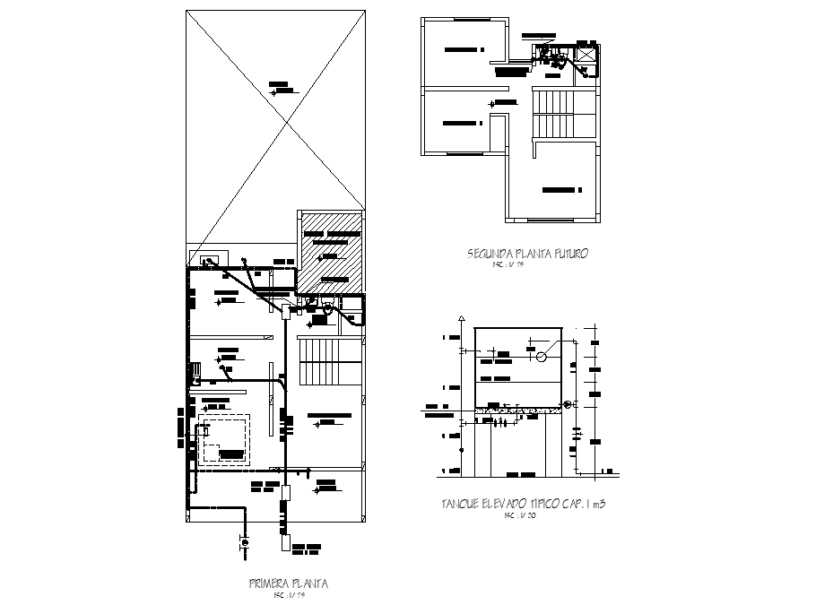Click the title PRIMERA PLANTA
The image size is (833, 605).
[288, 583]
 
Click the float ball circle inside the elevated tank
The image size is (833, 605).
[542, 356]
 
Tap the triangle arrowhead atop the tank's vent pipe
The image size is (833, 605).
[461, 319]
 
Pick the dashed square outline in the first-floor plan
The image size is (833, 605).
[225, 439]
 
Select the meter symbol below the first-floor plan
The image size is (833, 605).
[243, 542]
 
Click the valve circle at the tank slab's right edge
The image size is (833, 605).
[566, 405]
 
